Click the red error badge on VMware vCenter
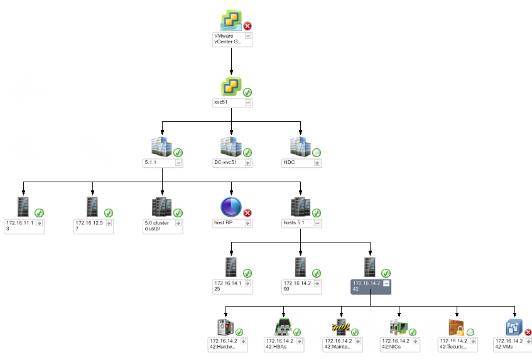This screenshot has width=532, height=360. coord(247,26)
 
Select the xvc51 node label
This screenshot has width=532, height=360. coord(227,102)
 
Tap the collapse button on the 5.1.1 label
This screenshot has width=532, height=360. coord(178,163)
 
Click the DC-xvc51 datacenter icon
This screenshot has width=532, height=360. coord(231,147)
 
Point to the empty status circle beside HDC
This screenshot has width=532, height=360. coord(317,152)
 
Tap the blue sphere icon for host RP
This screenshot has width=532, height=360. coord(231,207)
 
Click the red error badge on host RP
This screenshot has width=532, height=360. coord(247,213)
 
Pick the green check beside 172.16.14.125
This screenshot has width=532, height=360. coord(247,273)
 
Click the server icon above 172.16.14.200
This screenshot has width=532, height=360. coord(301,267)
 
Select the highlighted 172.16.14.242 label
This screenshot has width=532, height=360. coord(367,286)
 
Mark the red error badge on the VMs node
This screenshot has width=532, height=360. coord(528,332)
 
